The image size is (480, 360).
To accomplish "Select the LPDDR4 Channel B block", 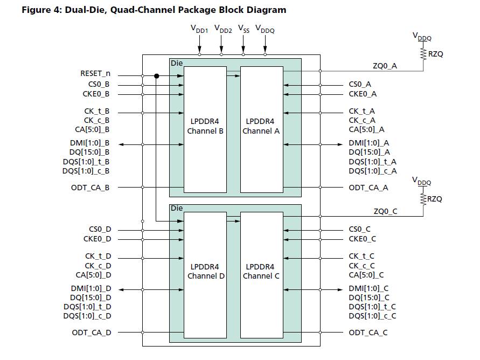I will point(205,129).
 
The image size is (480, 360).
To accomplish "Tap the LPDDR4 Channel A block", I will point(261,129).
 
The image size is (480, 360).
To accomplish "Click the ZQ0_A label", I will point(385,66).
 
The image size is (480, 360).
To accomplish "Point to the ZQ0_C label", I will point(385,211).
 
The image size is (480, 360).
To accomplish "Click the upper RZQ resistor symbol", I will point(424,54).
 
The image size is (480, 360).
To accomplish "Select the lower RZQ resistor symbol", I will point(424,199).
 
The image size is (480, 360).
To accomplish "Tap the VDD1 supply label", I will point(199,30).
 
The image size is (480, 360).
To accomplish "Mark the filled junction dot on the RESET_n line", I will point(156,76).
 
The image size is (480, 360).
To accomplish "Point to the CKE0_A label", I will point(363,94).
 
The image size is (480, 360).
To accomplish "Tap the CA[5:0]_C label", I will point(366,274).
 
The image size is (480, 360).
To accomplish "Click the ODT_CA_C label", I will point(368,333).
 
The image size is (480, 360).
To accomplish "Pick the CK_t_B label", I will point(97,112).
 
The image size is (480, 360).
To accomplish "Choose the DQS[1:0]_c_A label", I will point(372,171).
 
